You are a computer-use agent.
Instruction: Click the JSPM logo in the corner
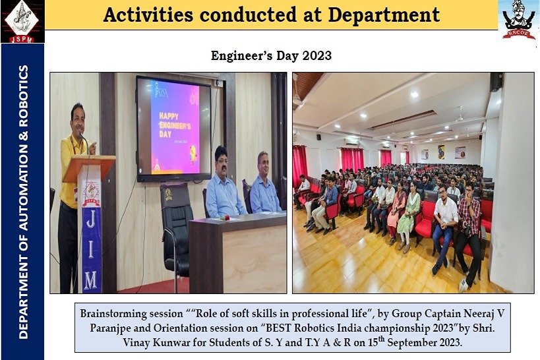22,21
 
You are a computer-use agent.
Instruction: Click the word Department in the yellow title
384,15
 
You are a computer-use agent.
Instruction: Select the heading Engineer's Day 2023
271,55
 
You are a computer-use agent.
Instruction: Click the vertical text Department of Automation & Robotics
23,202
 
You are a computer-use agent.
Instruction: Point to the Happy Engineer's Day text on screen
175,125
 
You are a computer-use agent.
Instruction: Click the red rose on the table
225,218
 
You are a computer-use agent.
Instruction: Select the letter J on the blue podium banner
90,220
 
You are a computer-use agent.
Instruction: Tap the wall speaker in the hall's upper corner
496,82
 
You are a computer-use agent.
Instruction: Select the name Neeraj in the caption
479,313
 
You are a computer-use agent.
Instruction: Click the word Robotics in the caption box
314,328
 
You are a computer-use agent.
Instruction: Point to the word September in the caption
414,342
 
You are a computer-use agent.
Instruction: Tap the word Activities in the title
148,15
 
